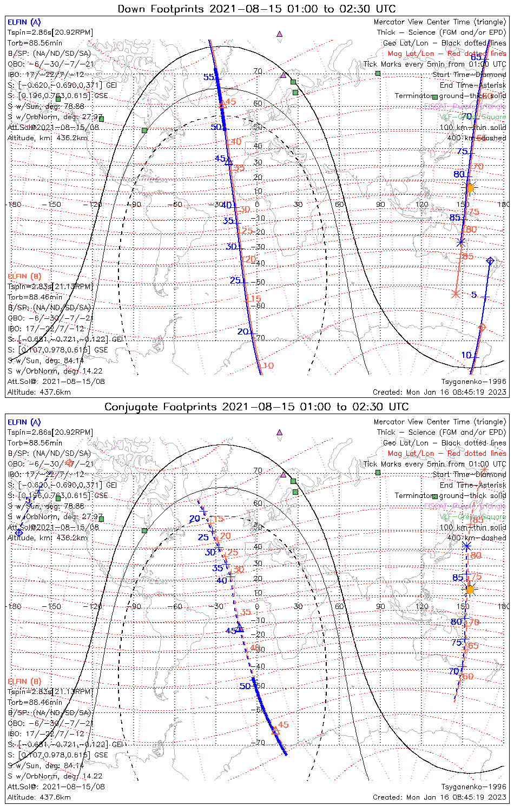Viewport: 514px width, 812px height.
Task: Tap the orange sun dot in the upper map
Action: [x=470, y=188]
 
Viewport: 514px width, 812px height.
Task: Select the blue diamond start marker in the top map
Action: [x=490, y=261]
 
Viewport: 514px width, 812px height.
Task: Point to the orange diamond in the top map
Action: [x=482, y=328]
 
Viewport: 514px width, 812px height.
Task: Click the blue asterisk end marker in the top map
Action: [x=461, y=242]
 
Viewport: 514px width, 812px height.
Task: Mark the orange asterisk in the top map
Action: [x=456, y=294]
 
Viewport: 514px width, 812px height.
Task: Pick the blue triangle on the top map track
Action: [x=228, y=161]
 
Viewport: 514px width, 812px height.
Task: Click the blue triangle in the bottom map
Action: [x=240, y=628]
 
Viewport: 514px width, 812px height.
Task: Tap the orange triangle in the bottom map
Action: [x=275, y=730]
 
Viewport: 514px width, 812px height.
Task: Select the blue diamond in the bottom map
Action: [x=19, y=533]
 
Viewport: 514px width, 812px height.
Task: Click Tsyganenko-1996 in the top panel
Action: [x=473, y=382]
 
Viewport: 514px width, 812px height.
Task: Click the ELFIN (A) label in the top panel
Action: [x=24, y=22]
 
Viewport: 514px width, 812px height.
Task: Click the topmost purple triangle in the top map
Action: [x=279, y=34]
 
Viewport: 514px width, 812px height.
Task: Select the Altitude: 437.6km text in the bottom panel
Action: [x=39, y=797]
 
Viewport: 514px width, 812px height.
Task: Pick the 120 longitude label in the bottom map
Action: [x=421, y=606]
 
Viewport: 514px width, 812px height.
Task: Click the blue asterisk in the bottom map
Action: [x=467, y=546]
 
